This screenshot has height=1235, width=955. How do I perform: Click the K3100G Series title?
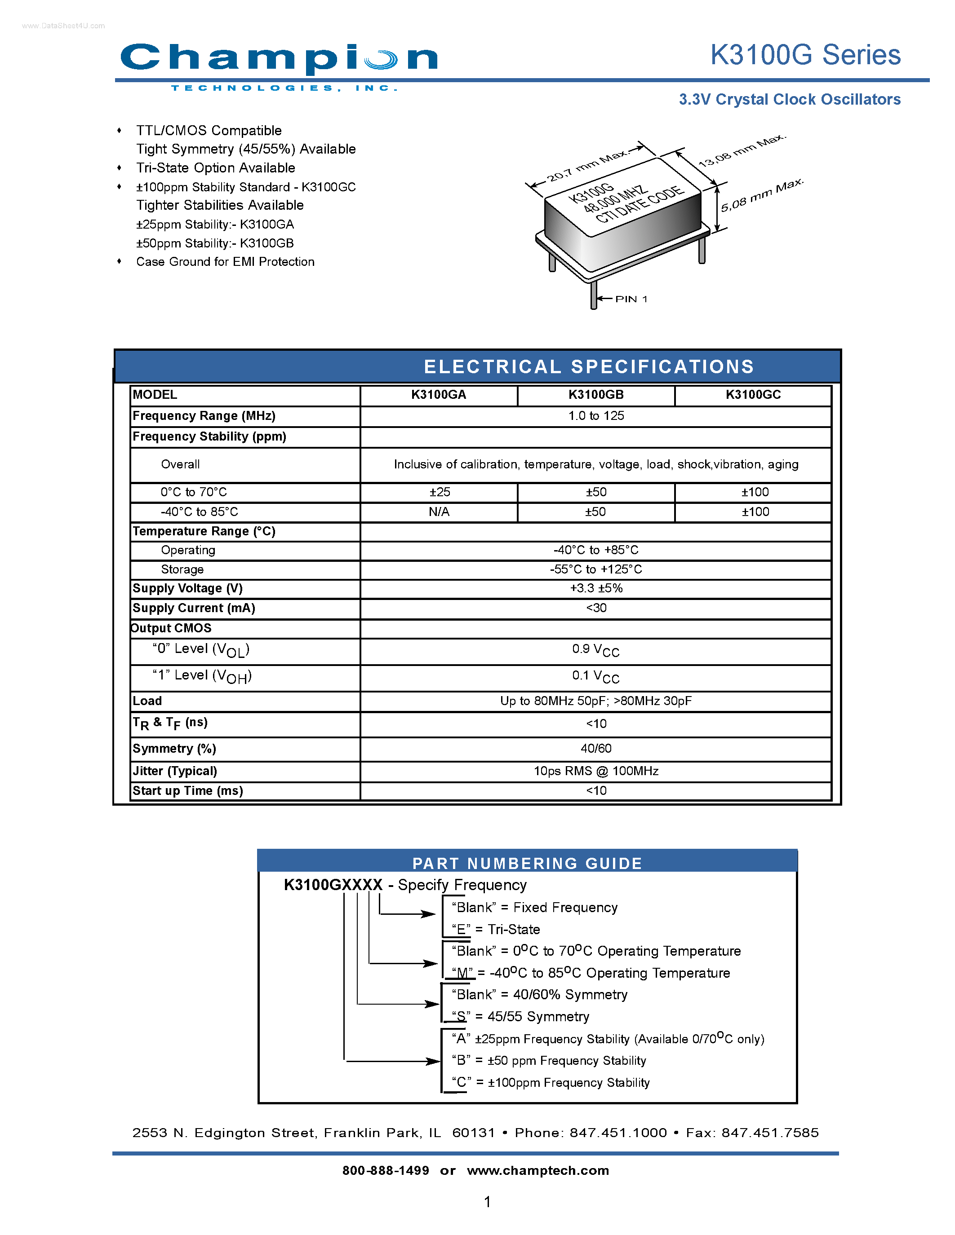pos(805,55)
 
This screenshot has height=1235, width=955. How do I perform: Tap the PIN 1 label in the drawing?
pos(631,299)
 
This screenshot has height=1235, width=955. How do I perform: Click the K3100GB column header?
pos(596,395)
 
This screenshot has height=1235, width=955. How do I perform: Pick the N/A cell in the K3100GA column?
pos(439,512)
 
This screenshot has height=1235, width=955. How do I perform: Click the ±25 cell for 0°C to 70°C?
pos(439,492)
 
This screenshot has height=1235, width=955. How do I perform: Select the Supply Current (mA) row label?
pos(194,608)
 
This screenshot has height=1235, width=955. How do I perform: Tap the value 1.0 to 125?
pos(596,415)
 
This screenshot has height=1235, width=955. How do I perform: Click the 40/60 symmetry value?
pos(596,748)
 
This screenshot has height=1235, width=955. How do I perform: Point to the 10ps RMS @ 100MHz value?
pos(596,771)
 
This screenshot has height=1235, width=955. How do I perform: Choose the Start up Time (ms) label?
pos(188,790)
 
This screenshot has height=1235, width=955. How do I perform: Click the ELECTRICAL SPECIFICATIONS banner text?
pos(588,366)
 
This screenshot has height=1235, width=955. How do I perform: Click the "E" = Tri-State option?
pos(496,929)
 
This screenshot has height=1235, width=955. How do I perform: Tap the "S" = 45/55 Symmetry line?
pos(520,1016)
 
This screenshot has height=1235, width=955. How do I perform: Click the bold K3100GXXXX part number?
pos(333,884)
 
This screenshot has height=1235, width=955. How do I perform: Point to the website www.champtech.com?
pos(537,1170)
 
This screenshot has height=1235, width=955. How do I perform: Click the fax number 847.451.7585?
pos(769,1133)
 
